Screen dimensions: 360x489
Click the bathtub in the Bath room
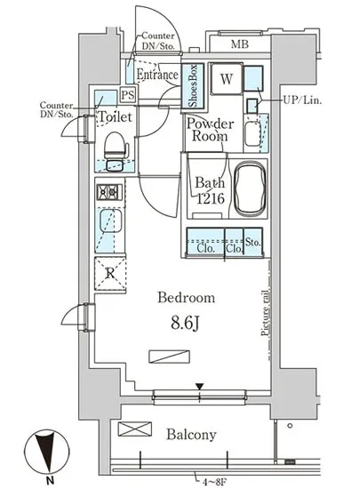pos(251,190)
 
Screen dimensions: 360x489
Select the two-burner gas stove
pos(109,192)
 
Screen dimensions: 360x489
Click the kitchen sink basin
pos(110,220)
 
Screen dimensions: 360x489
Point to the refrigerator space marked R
pos(110,274)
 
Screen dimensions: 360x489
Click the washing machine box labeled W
pos(227,78)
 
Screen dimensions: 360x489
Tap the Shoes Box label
pos(193,85)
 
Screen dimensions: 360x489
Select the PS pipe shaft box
pos(128,94)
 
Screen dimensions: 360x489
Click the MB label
pos(240,44)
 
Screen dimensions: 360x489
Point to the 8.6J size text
pos(185,324)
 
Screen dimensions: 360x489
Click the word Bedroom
pos(186,298)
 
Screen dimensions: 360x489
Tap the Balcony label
pos(191,435)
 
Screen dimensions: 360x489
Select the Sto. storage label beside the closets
pos(252,242)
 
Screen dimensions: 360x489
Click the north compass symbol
pos(47,452)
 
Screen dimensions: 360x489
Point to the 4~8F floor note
pos(214,483)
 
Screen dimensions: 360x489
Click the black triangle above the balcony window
pos(199,387)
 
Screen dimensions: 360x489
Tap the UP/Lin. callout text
pos(301,100)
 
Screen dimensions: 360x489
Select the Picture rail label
pos(265,313)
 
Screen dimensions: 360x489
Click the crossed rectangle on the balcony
pos(134,429)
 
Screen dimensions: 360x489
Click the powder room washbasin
pos(252,134)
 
